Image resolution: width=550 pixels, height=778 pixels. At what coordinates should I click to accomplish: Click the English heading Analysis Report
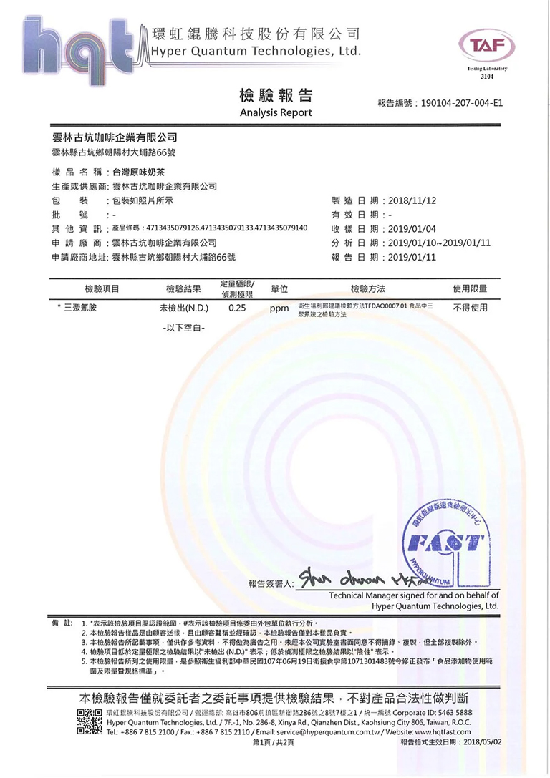(276, 113)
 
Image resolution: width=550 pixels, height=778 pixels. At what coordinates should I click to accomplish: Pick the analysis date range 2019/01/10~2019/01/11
(439, 243)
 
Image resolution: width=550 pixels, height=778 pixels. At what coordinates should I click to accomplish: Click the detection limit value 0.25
(237, 310)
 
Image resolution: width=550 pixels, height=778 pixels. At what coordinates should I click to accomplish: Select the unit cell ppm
(279, 310)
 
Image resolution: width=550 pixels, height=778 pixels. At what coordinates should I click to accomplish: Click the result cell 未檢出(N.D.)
(183, 310)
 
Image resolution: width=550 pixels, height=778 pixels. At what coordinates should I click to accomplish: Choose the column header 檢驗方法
(368, 288)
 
